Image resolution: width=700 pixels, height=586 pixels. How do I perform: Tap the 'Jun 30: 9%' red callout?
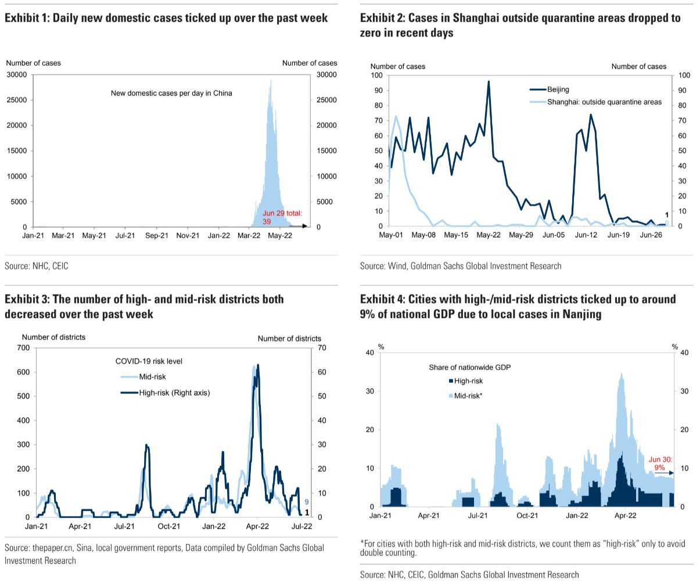click(660, 463)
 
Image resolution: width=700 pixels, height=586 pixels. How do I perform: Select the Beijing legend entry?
click(558, 89)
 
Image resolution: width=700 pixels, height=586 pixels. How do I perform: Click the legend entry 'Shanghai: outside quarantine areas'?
click(604, 102)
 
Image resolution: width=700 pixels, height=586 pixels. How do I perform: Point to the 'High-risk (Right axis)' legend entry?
click(174, 393)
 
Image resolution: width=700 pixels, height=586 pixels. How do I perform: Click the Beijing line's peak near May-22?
click(489, 81)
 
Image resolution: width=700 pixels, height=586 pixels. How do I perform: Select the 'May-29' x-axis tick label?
click(521, 235)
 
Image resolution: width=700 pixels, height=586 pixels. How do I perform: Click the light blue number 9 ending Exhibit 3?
click(306, 502)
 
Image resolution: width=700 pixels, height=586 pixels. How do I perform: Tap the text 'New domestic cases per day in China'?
click(171, 93)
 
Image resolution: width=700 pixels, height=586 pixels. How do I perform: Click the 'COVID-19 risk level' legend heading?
click(149, 361)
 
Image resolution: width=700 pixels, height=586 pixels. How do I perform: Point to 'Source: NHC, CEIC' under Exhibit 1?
click(36, 266)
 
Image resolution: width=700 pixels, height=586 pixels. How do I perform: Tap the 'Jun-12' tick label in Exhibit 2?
click(586, 235)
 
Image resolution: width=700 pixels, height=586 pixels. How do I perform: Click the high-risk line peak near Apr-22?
click(258, 365)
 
